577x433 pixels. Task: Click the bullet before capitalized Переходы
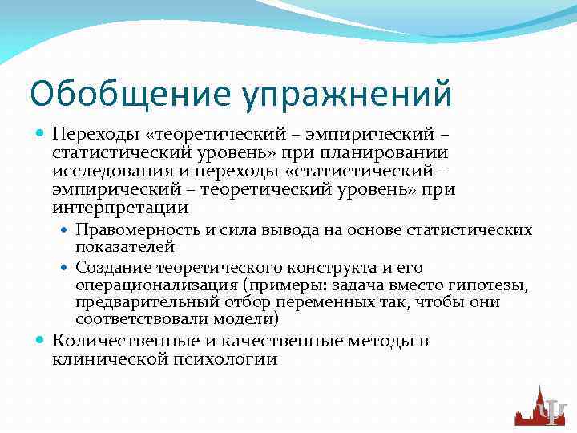tap(39, 130)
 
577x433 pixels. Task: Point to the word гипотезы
tap(501, 285)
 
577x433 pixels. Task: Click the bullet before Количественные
tap(39, 341)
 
